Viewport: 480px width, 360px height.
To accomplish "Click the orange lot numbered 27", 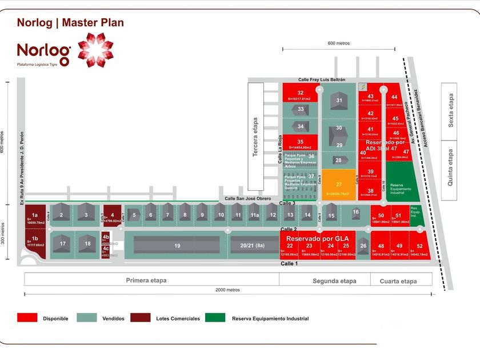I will tap(339, 185).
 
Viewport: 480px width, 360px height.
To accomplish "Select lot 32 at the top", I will tap(301, 93).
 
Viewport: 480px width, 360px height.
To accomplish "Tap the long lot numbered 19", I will tap(177, 245).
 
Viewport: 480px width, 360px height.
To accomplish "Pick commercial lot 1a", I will tap(35, 217).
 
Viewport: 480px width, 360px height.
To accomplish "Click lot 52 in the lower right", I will tap(419, 247).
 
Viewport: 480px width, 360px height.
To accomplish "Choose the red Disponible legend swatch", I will tap(27, 318).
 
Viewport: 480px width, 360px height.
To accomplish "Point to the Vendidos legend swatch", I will tap(87, 318).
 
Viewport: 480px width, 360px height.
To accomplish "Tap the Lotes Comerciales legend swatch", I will tap(141, 318).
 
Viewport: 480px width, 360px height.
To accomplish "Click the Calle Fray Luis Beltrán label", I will tap(322, 79).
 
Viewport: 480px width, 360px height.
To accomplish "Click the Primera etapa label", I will tap(149, 281).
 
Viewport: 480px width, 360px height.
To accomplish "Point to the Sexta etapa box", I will tap(450, 110).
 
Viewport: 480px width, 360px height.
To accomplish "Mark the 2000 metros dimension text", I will tap(228, 290).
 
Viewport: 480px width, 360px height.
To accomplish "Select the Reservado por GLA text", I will tap(317, 238).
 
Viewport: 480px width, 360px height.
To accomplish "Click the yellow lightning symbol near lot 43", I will tap(362, 86).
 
